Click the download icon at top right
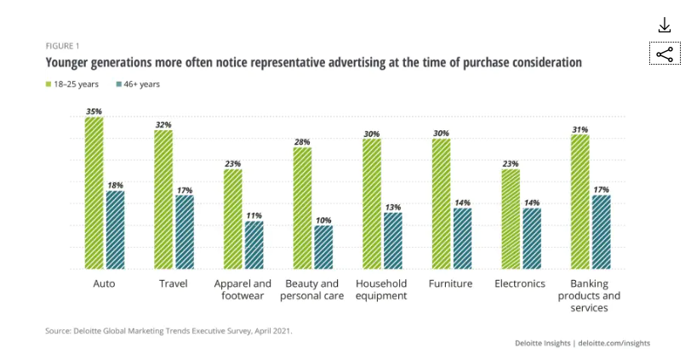665,26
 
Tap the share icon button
664,54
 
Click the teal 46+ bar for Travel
185,232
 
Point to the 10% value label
323,220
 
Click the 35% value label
94,111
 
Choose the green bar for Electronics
510,219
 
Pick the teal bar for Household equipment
393,241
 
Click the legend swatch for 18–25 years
49,84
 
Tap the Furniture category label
450,283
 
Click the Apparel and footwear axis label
243,289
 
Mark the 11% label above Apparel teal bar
254,215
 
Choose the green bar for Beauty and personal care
302,208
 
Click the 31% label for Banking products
580,129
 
